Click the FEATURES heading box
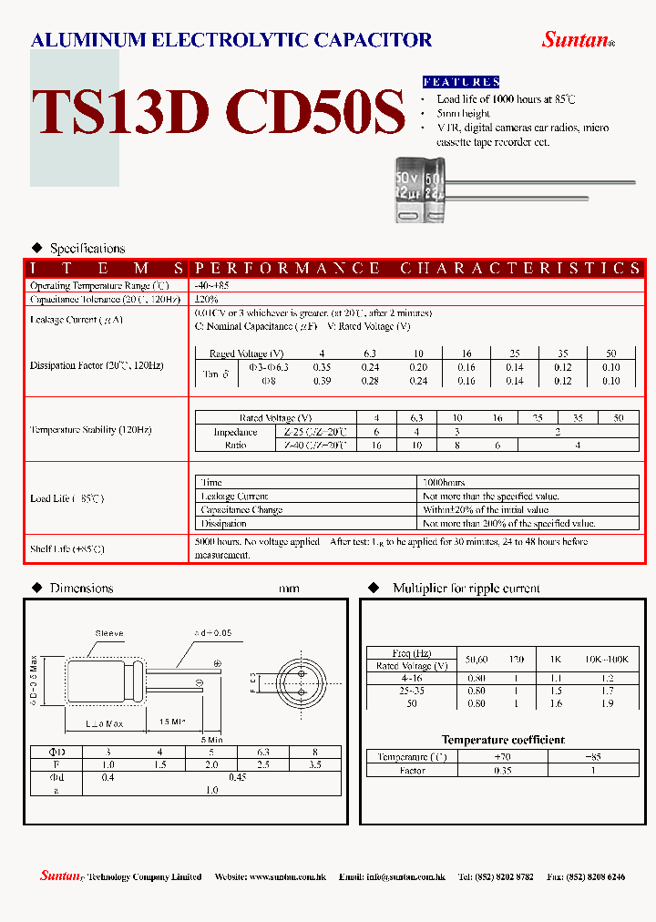[461, 82]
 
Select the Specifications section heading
[87, 248]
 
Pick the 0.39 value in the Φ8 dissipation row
[321, 381]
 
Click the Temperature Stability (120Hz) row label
[90, 429]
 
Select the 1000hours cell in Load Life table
[445, 482]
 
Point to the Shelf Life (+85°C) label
[67, 548]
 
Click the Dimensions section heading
[81, 589]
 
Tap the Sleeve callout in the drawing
[109, 633]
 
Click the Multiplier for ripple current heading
[466, 589]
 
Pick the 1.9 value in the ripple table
[607, 703]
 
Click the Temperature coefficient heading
[503, 740]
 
